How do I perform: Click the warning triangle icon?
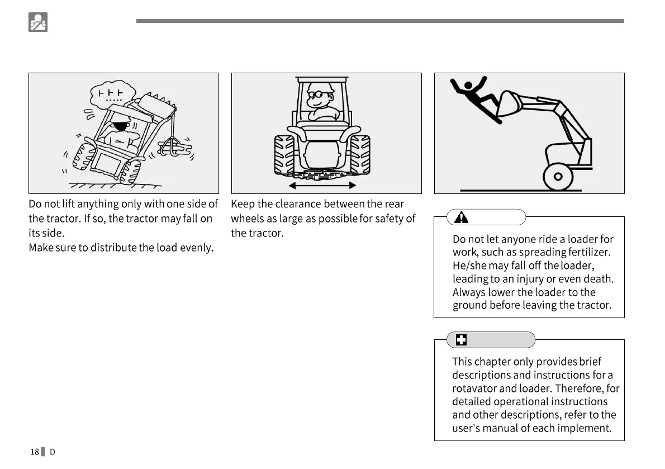click(x=461, y=217)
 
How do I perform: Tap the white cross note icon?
click(x=461, y=340)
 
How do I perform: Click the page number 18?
click(x=35, y=452)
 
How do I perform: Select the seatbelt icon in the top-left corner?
click(x=38, y=22)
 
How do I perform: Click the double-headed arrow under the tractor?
click(x=321, y=185)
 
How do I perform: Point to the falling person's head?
click(x=468, y=86)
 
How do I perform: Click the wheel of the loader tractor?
click(x=557, y=177)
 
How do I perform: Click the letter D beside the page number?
click(x=53, y=452)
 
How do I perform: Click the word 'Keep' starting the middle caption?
click(x=243, y=204)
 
